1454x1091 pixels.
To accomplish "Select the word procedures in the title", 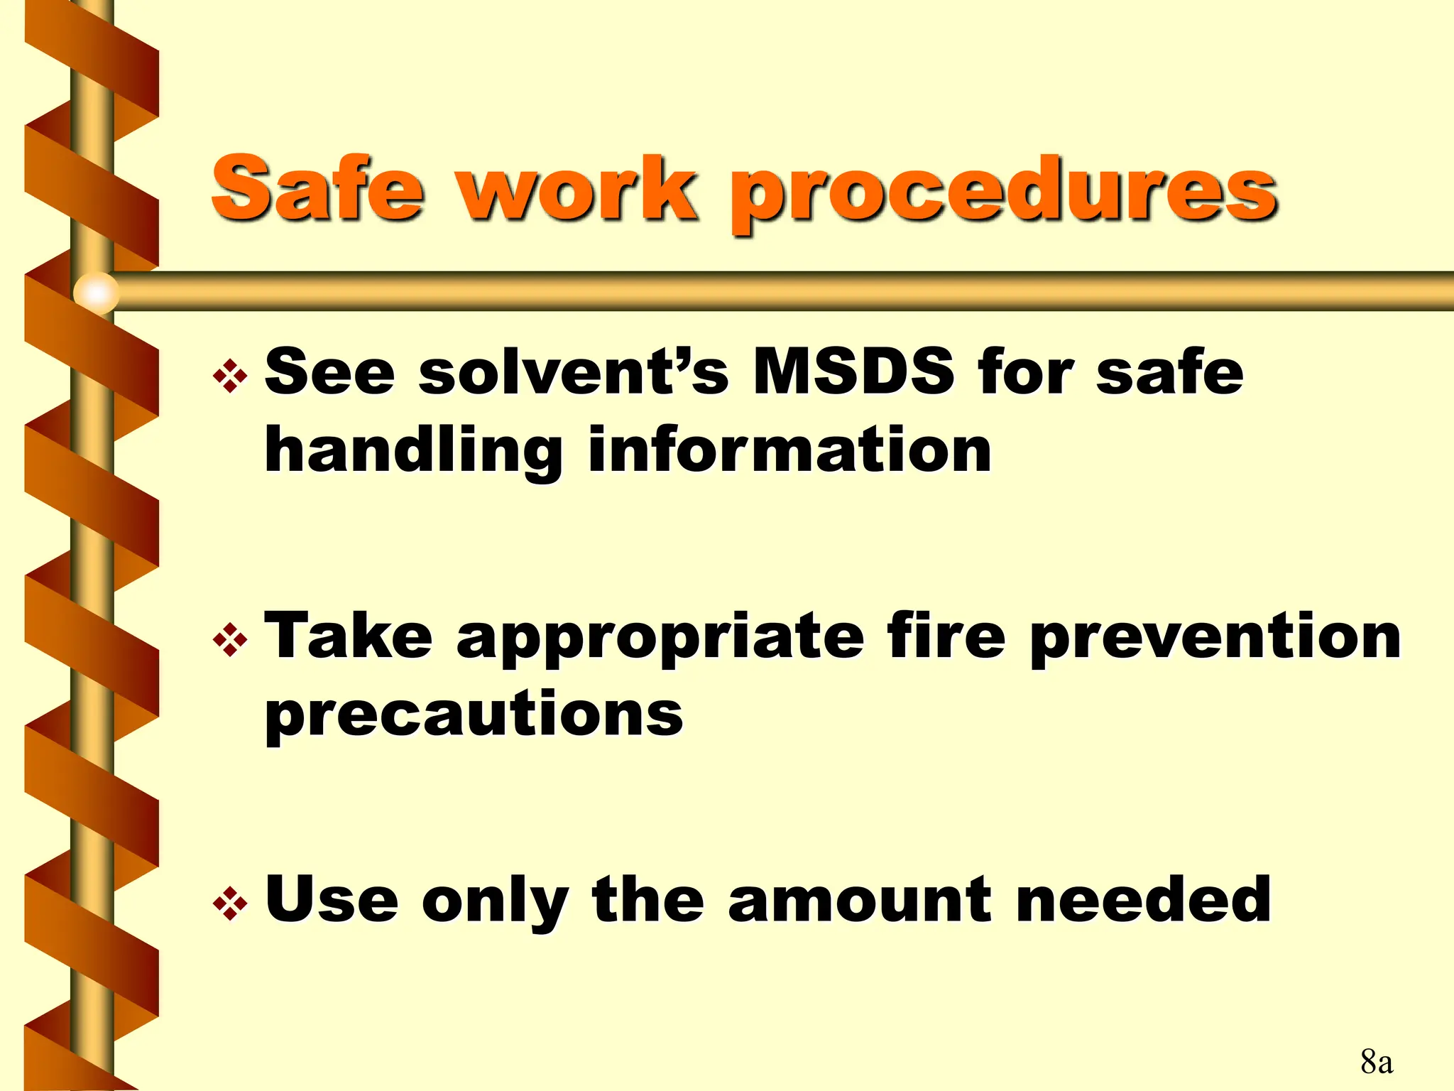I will click(x=1004, y=193).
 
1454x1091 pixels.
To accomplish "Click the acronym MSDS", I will click(x=853, y=371).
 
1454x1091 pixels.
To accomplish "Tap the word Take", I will click(x=349, y=636).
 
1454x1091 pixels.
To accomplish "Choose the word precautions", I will click(x=474, y=715).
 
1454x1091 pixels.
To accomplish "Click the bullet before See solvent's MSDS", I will click(x=230, y=376).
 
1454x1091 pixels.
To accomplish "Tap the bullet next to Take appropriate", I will click(x=230, y=641).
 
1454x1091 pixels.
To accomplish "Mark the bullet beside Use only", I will click(x=230, y=904).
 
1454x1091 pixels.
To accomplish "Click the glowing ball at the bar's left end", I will click(x=96, y=292).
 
